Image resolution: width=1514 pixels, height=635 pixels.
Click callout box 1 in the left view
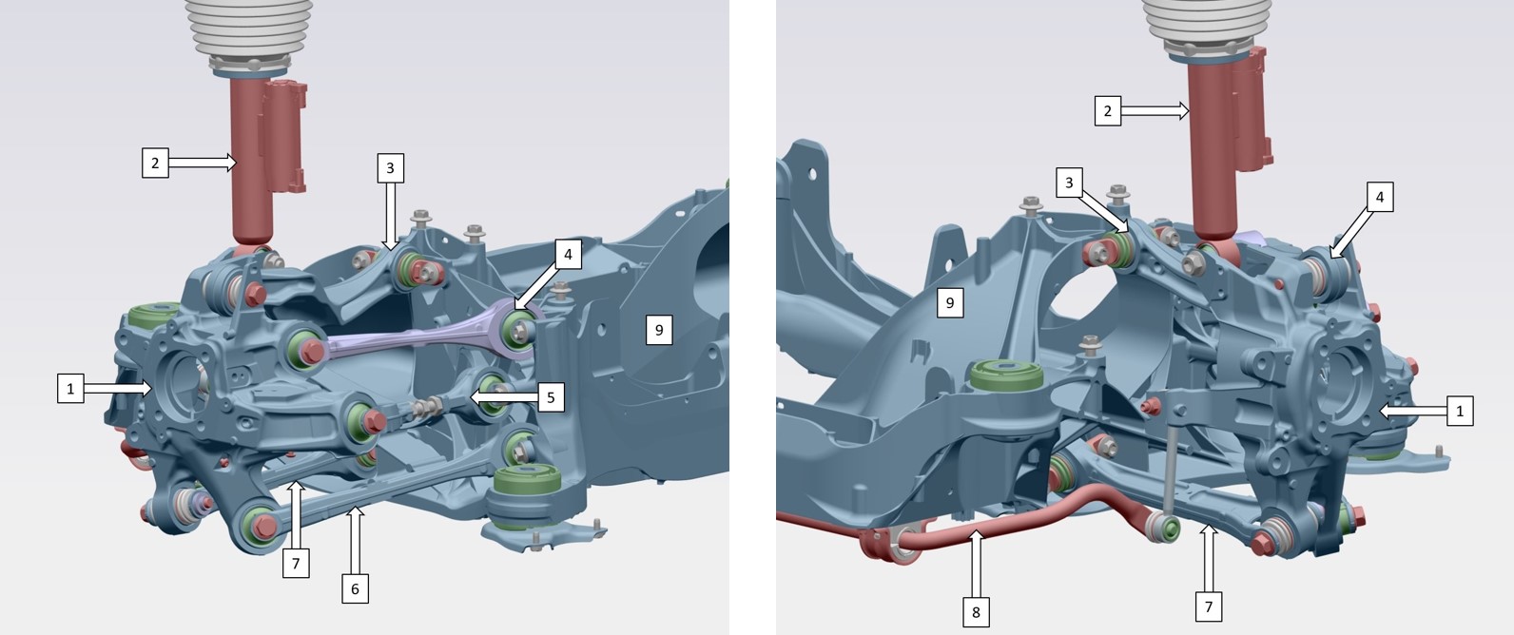[70, 389]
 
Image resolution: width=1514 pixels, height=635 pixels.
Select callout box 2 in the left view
[155, 163]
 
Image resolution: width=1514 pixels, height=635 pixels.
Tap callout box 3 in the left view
[390, 168]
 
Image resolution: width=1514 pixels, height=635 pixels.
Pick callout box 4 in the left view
[568, 254]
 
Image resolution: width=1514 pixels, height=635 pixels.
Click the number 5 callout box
[551, 397]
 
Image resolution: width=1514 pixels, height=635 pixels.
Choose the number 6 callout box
[355, 589]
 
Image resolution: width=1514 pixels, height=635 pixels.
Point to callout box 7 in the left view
[296, 563]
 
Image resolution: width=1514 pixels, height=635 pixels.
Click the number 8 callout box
[976, 612]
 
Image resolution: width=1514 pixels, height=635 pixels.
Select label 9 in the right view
[950, 302]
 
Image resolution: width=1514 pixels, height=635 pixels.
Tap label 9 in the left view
[659, 330]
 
